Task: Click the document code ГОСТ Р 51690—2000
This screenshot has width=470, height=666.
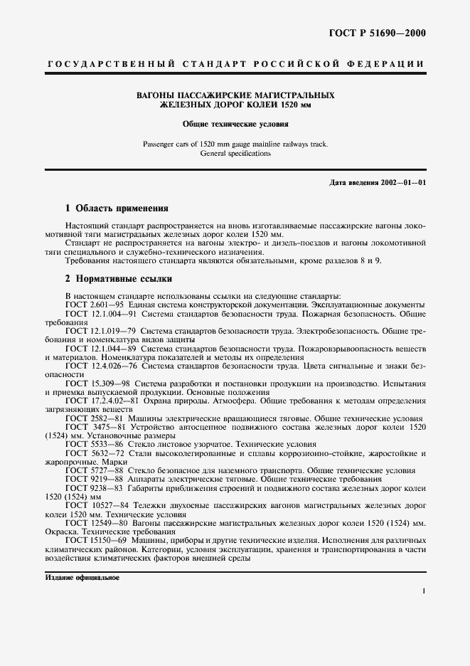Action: pyautogui.click(x=376, y=32)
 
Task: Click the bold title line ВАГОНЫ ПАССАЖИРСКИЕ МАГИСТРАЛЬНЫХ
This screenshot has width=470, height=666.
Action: pyautogui.click(x=235, y=95)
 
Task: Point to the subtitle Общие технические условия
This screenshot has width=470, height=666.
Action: pyautogui.click(x=235, y=123)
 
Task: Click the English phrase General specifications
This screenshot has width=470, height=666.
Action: pyautogui.click(x=235, y=153)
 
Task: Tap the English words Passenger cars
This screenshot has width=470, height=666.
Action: pyautogui.click(x=164, y=144)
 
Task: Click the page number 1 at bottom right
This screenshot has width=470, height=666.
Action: pyautogui.click(x=423, y=591)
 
